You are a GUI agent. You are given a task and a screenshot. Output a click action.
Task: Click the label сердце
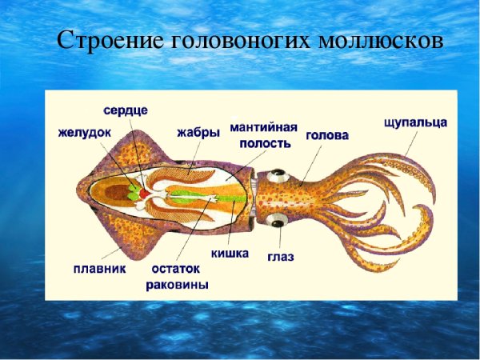130,109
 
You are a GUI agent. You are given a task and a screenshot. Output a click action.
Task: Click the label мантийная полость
262,134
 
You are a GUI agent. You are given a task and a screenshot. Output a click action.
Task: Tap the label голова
326,135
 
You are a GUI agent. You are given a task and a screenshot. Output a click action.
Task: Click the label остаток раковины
177,276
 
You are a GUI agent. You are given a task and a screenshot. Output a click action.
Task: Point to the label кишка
230,254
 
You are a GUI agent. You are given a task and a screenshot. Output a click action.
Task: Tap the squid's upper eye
277,174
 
